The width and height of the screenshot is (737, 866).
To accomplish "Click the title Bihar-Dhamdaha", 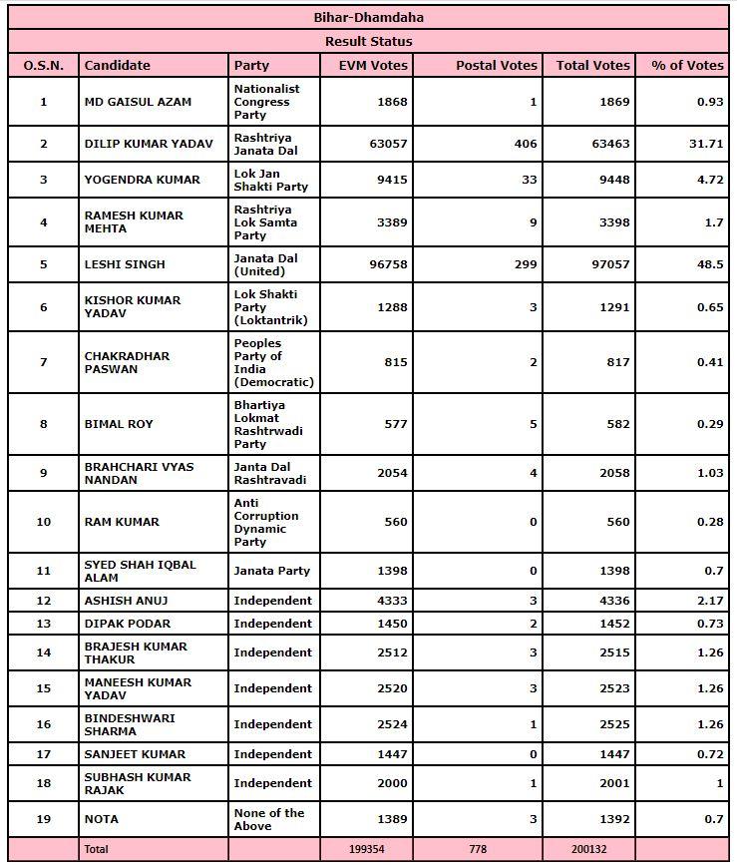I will click(x=368, y=17).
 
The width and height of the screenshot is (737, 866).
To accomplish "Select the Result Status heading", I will click(x=368, y=41).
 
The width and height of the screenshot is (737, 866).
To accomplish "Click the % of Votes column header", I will click(x=687, y=65).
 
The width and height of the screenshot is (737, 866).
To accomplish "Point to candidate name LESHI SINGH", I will click(x=125, y=264).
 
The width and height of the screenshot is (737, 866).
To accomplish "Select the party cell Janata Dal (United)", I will click(x=266, y=264).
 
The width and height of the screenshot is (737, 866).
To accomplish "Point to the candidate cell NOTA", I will click(x=102, y=819).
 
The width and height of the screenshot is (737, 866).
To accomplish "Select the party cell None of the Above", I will click(x=269, y=819).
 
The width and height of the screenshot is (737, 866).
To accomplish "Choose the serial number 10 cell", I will click(x=43, y=522).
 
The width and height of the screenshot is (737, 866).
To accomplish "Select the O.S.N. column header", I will click(x=43, y=65).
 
